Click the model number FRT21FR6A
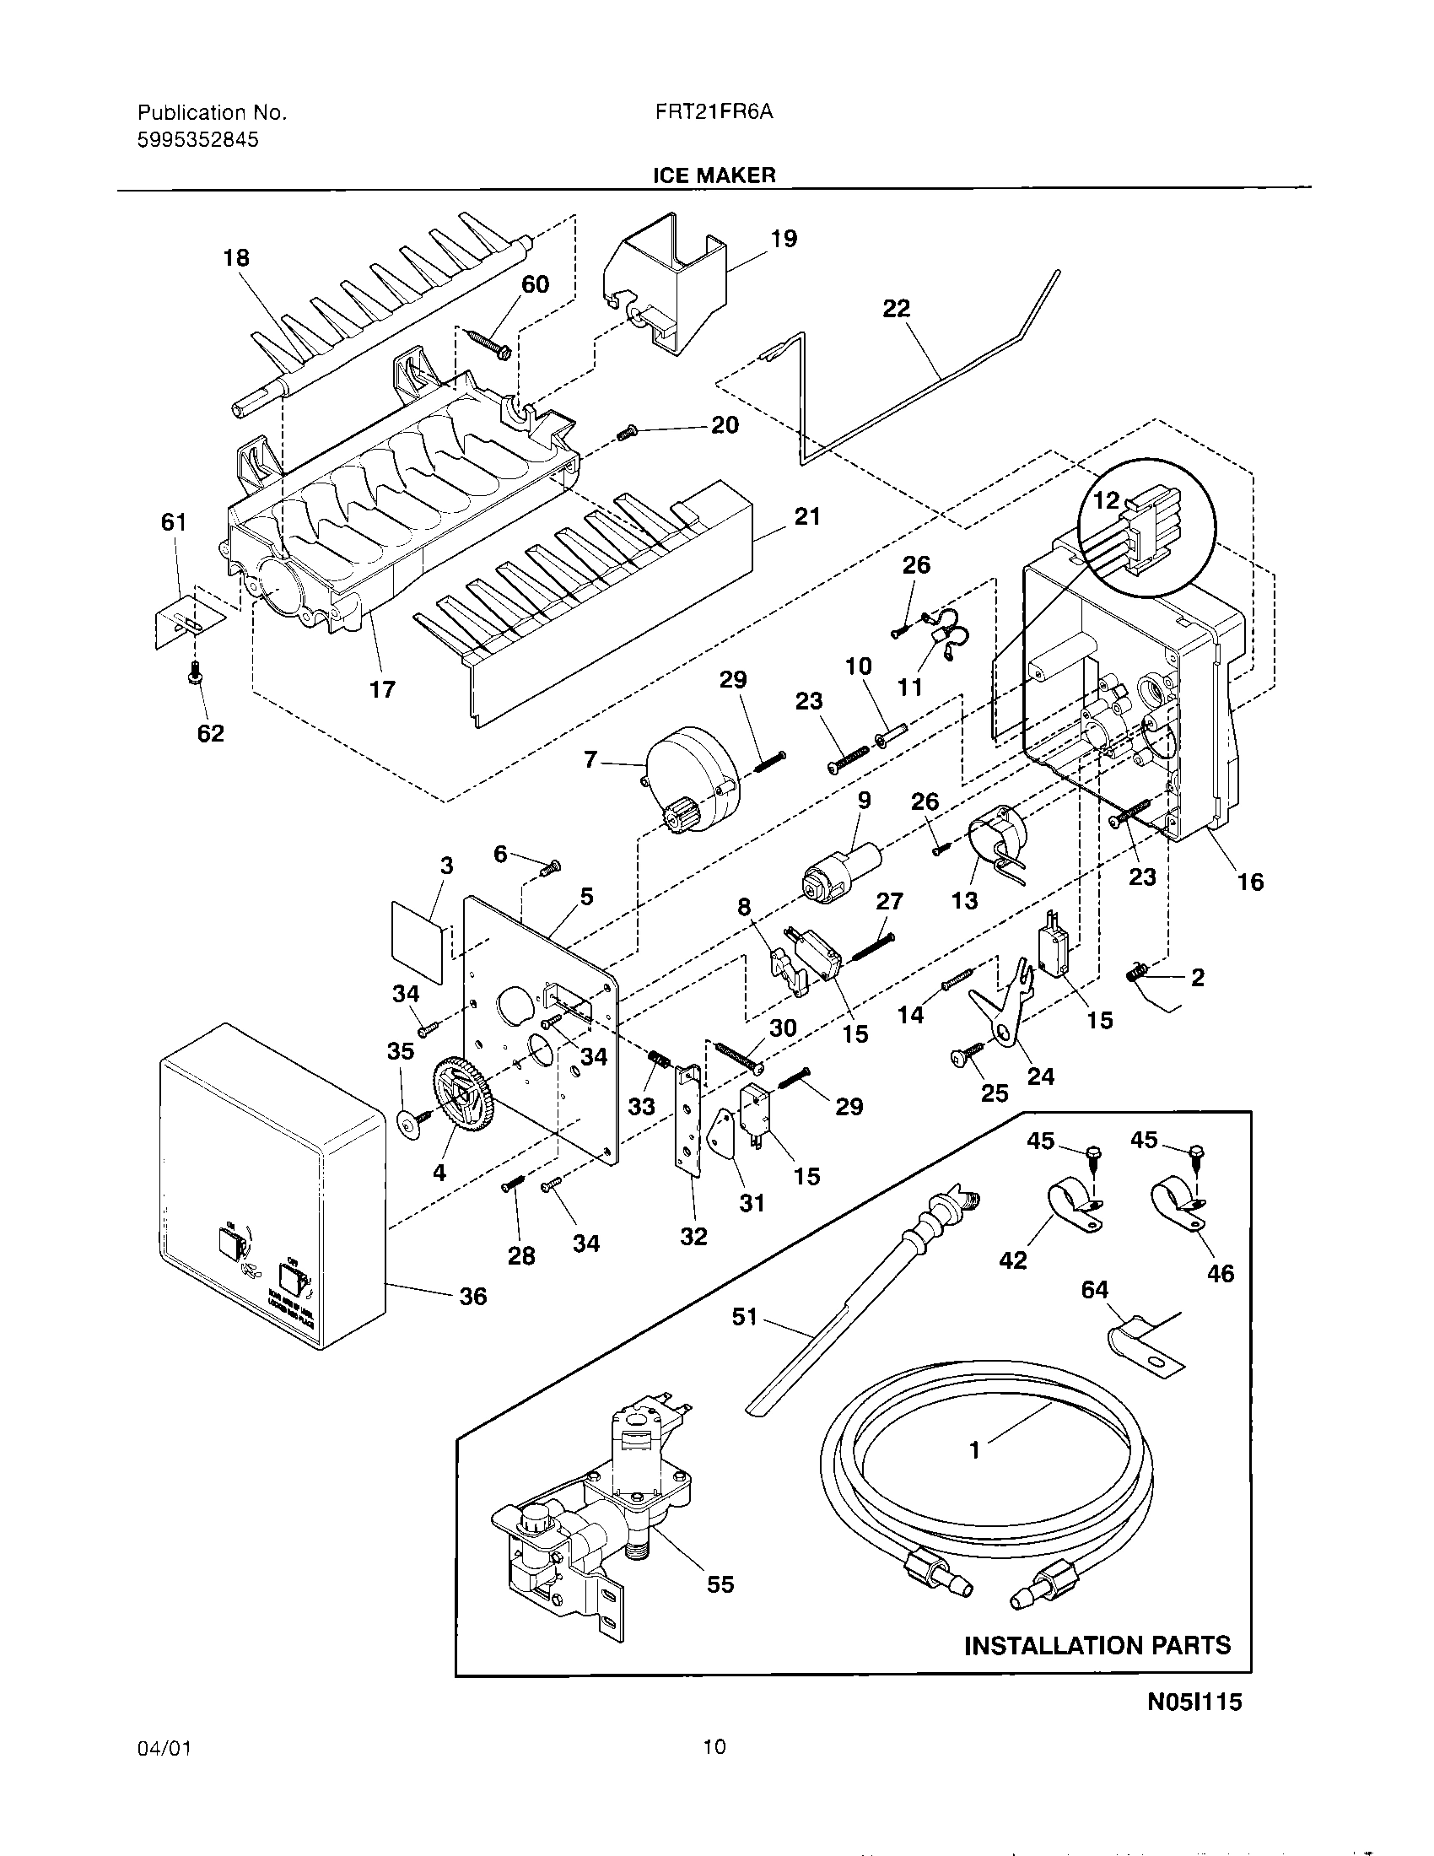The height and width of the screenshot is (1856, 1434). [713, 112]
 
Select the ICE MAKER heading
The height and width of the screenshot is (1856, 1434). [714, 175]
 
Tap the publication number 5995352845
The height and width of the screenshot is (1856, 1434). [198, 139]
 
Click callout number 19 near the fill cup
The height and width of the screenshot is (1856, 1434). [784, 239]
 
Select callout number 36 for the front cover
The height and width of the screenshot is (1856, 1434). [473, 1296]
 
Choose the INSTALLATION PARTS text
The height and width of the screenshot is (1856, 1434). [1097, 1669]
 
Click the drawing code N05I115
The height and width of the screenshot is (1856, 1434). [1194, 1725]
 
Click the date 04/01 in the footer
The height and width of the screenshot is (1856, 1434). [163, 1747]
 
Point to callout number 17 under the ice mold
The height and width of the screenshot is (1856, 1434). [382, 689]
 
